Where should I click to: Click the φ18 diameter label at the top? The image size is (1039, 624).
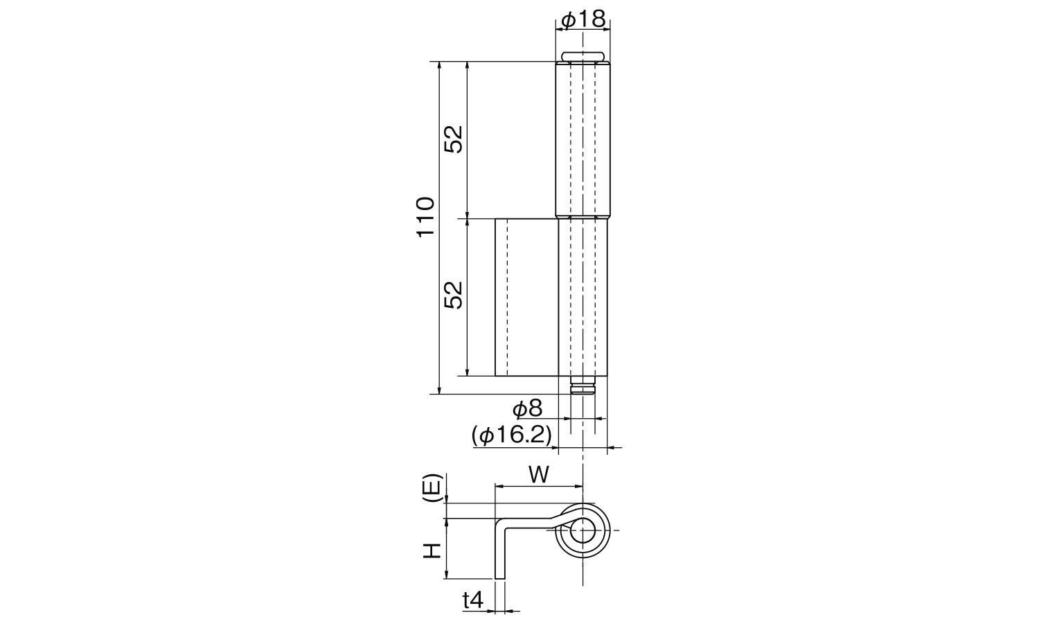(583, 20)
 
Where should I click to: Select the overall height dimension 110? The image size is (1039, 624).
(425, 216)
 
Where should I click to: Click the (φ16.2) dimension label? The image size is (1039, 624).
(511, 435)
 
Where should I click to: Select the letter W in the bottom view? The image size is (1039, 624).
(539, 475)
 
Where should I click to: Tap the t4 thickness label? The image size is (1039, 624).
(473, 600)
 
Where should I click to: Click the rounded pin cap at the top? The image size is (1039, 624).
(583, 56)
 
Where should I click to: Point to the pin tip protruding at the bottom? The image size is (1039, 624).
(583, 387)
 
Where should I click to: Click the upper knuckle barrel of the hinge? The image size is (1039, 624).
(583, 139)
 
